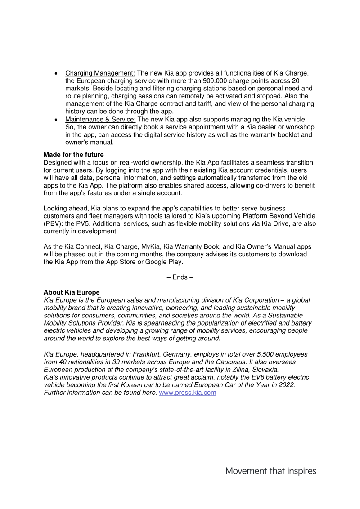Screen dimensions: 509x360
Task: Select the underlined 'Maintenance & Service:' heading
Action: [x=100, y=119]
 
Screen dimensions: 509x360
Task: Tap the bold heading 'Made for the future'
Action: [x=73, y=155]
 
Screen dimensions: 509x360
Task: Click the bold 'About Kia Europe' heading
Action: [x=72, y=292]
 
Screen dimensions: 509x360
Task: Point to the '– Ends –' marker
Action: [x=180, y=277]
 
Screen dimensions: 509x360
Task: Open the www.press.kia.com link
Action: [x=188, y=393]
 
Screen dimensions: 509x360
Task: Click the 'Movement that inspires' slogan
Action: [x=271, y=471]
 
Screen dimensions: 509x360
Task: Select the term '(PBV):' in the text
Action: [x=54, y=223]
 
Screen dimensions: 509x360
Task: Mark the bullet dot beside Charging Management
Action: [x=56, y=73]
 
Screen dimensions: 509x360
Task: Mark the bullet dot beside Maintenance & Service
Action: [x=56, y=119]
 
